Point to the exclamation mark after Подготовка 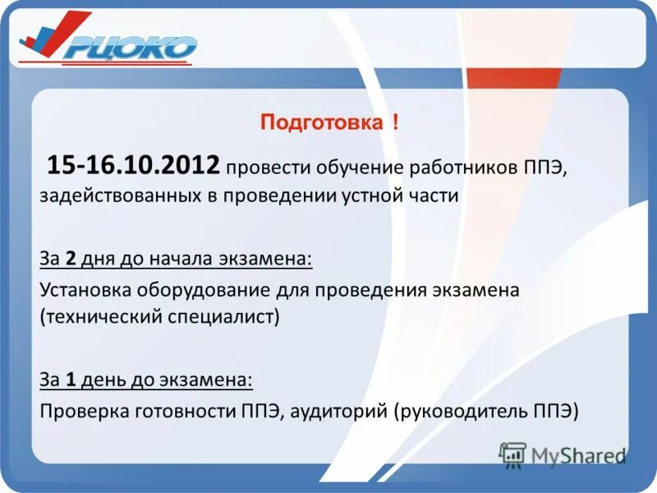pos(396,123)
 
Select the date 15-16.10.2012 pos(134,166)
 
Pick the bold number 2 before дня pos(71,258)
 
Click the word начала pos(181,258)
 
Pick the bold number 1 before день pos(71,380)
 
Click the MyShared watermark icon pos(512,454)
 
